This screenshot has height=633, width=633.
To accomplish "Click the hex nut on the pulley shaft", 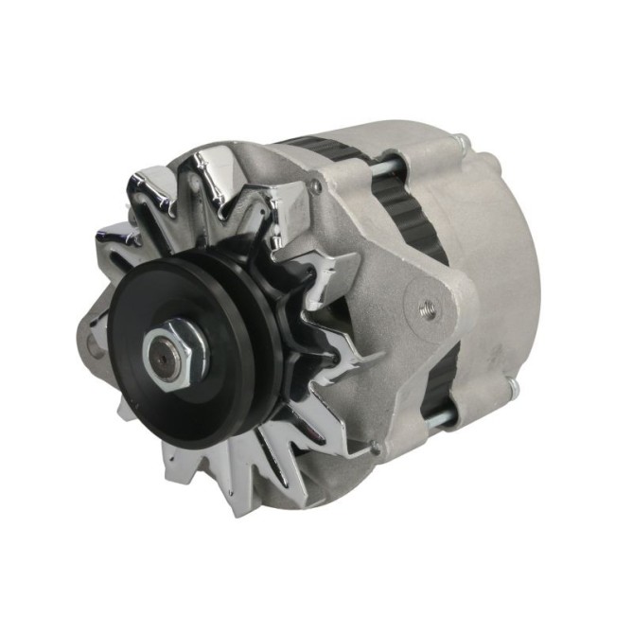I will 169,351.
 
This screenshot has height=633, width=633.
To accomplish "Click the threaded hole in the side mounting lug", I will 428,307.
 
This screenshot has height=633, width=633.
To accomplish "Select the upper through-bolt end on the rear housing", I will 461,143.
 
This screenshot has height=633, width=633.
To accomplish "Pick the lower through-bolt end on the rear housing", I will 511,386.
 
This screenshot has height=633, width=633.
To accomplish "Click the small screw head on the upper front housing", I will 315,187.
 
